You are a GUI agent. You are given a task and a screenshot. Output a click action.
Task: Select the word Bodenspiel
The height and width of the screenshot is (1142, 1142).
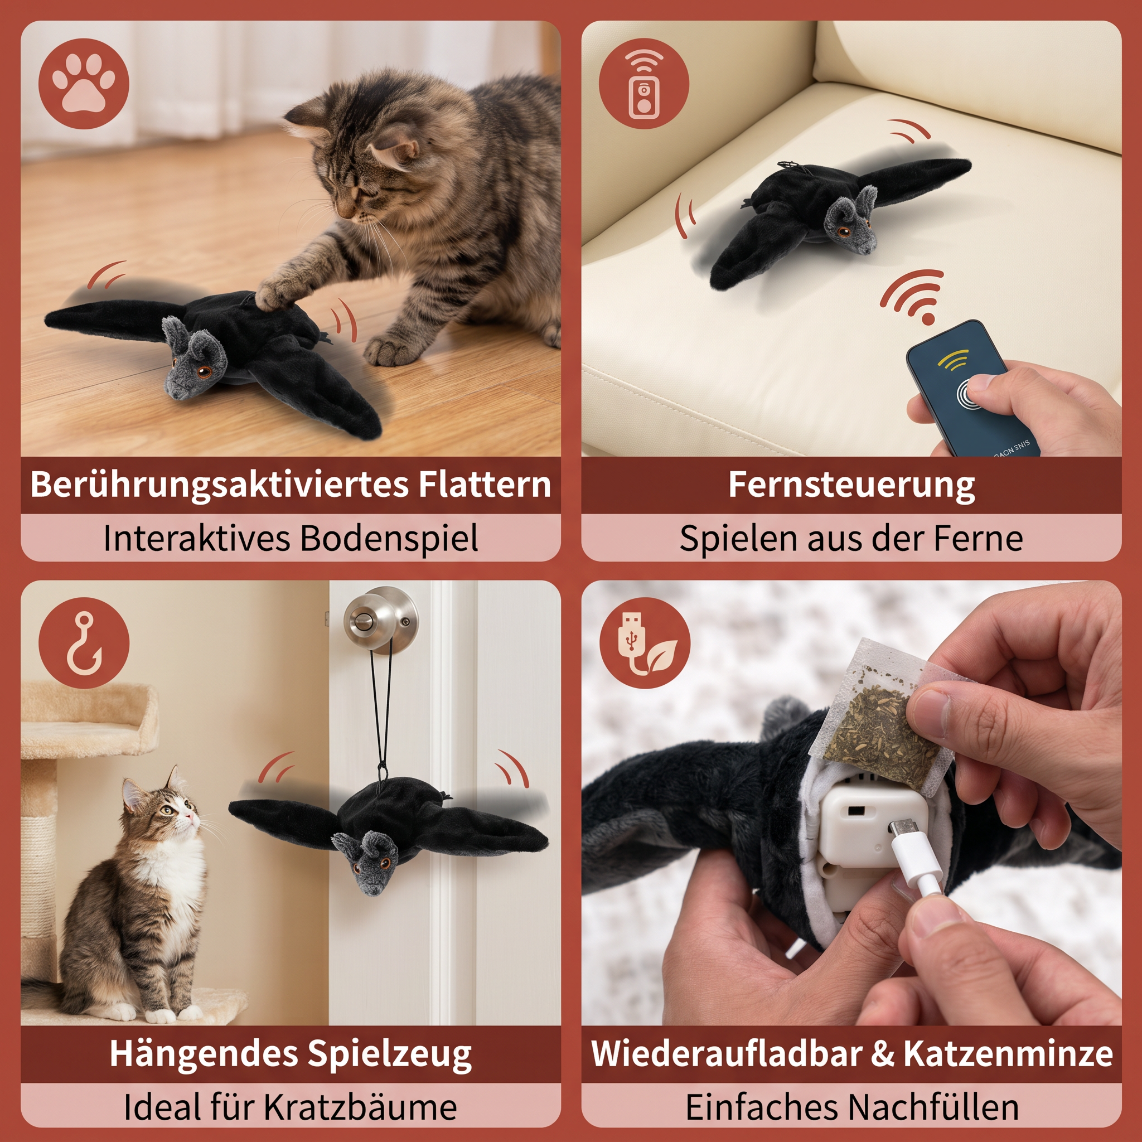(x=389, y=539)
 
